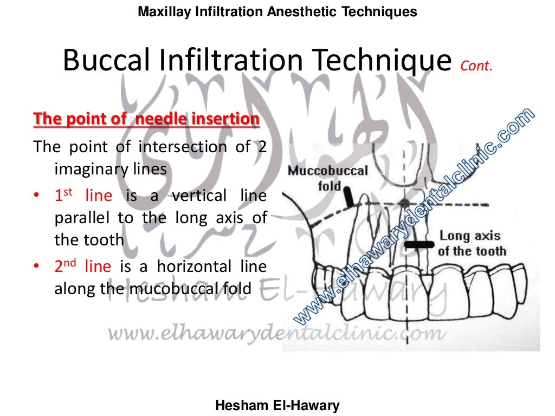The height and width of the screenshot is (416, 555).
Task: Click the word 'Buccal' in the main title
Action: pos(107,61)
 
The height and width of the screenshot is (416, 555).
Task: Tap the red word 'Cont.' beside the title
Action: pos(476,66)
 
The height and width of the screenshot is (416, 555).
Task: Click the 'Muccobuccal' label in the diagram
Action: pos(327,171)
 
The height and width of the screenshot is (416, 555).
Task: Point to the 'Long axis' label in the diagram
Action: pos(470,236)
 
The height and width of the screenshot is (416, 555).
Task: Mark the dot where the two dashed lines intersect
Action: pos(403,203)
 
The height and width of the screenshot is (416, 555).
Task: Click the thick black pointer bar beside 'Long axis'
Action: pos(420,245)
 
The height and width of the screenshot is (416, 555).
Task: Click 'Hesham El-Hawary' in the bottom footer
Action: pos(277,405)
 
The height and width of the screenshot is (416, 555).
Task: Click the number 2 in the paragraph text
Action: pos(262,147)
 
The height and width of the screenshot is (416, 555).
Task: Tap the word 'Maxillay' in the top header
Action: pos(162,11)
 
